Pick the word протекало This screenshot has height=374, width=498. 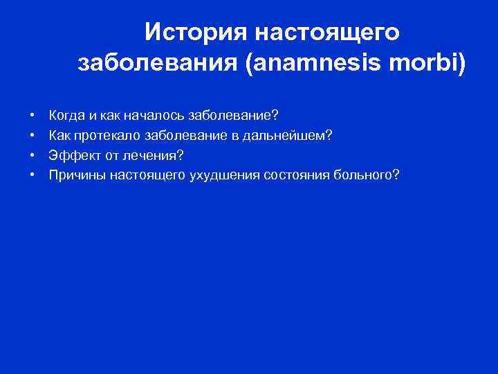[104, 134]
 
